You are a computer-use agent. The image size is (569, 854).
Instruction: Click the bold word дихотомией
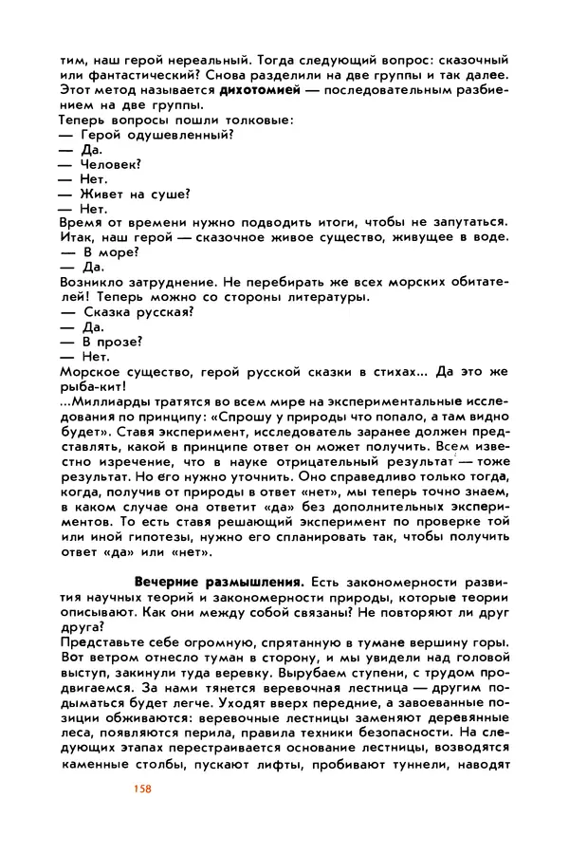260,90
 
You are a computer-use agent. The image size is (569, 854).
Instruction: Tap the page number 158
144,789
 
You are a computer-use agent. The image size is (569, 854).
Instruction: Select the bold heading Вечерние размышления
207,580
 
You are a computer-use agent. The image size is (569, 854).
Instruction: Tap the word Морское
90,371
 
